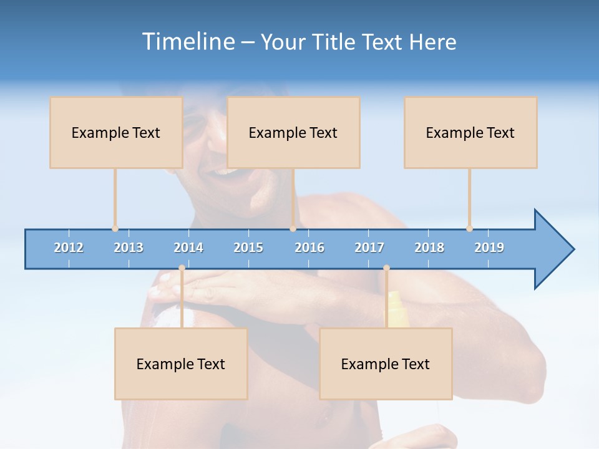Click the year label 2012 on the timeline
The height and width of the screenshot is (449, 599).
tap(69, 248)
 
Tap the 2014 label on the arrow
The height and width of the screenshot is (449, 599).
tap(188, 248)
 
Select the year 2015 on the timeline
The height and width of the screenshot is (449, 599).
tap(248, 248)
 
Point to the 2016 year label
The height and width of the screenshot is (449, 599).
tap(309, 248)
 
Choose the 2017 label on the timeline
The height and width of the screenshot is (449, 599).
tap(369, 248)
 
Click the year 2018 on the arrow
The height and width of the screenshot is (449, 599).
tap(429, 248)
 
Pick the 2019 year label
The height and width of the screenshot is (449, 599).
tap(489, 248)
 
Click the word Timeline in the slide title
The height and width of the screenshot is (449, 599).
tap(187, 42)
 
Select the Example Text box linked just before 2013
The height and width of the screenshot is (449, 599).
tap(116, 132)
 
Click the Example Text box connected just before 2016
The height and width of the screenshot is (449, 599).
tap(293, 132)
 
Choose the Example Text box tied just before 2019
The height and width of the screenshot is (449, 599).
tap(470, 132)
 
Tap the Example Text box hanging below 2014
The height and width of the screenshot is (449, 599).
tap(181, 364)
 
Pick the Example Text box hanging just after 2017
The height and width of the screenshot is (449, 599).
tap(386, 364)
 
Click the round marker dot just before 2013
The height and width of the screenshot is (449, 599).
tap(115, 229)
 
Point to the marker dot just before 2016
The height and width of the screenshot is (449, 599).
tap(293, 229)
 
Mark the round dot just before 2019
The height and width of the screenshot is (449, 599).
tap(469, 229)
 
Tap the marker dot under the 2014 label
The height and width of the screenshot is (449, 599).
tap(182, 268)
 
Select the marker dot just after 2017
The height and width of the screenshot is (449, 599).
tap(386, 268)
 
